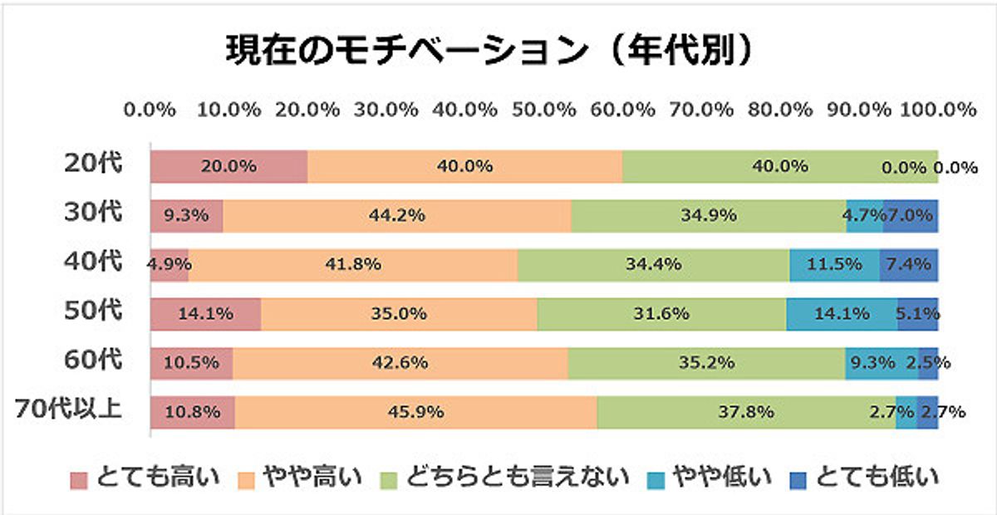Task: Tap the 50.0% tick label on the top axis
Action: pyautogui.click(x=543, y=110)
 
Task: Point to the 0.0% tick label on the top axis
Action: pyautogui.click(x=150, y=110)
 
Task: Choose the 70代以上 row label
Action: pyautogui.click(x=70, y=410)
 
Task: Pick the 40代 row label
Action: pyautogui.click(x=93, y=262)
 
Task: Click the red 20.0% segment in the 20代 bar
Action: pyautogui.click(x=228, y=166)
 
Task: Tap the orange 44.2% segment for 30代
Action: pyautogui.click(x=396, y=216)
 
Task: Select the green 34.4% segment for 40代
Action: pyautogui.click(x=653, y=265)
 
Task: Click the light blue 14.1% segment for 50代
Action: pyautogui.click(x=841, y=314)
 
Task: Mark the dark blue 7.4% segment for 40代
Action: pyautogui.click(x=909, y=265)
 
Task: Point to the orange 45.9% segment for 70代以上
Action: pyautogui.click(x=415, y=412)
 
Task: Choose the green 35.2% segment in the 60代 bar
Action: pyautogui.click(x=706, y=363)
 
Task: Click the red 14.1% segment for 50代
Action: pyautogui.click(x=205, y=314)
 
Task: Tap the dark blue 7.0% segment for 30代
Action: pyautogui.click(x=911, y=216)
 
